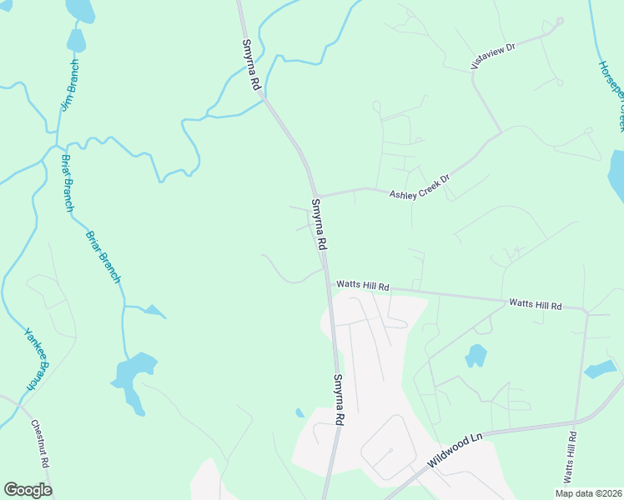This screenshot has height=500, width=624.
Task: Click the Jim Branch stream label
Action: (x=70, y=86)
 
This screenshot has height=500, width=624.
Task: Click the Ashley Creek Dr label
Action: (x=420, y=186)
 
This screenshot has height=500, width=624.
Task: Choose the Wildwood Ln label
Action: (x=455, y=450)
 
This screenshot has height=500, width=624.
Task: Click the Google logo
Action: (x=28, y=490)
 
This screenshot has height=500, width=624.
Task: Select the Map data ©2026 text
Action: (x=588, y=493)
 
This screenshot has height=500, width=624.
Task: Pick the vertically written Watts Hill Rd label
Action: (x=571, y=457)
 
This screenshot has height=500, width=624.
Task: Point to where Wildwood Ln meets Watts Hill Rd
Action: (x=575, y=422)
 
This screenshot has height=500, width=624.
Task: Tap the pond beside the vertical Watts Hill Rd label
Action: (x=599, y=369)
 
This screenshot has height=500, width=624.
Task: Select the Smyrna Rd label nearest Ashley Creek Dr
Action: (x=318, y=225)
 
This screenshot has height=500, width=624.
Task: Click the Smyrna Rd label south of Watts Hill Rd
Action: (x=339, y=400)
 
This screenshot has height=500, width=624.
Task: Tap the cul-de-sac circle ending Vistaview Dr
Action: (x=560, y=21)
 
